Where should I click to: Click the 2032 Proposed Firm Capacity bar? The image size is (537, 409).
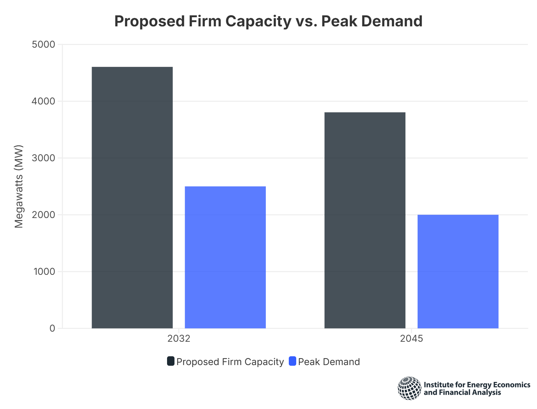pos(132,197)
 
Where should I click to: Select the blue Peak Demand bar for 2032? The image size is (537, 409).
pos(225,257)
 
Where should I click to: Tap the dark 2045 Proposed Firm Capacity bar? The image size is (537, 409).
pos(365,220)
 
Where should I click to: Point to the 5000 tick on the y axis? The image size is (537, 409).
pos(43,44)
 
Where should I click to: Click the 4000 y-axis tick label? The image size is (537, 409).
pos(43,101)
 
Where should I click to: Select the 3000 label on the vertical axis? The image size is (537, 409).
pos(43,158)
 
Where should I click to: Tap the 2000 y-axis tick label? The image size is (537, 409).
pos(43,215)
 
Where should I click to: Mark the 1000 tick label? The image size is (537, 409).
pos(44,271)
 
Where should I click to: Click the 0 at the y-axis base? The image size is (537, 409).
pos(52,328)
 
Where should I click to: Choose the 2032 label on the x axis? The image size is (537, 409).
pos(179,338)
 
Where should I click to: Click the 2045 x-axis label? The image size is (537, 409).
pos(412,338)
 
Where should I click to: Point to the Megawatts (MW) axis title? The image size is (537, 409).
pos(19,186)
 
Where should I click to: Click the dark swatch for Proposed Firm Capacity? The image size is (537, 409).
pos(171,361)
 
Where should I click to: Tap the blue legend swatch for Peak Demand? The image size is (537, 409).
pos(293,361)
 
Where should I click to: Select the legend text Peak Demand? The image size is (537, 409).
pos(329,362)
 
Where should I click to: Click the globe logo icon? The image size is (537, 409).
pos(410,388)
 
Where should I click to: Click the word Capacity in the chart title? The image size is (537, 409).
pos(258,21)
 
